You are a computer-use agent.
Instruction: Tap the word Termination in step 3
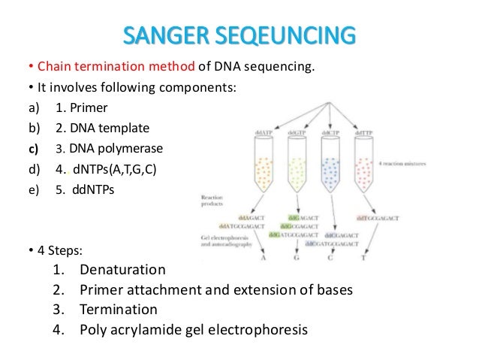click(x=119, y=309)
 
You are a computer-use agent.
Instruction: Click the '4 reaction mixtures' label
click(x=425, y=164)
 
